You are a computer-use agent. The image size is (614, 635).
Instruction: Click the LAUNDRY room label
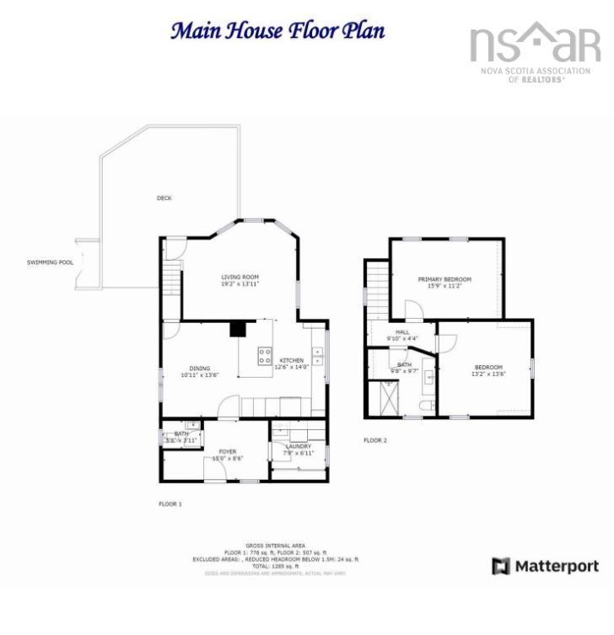pyautogui.click(x=299, y=446)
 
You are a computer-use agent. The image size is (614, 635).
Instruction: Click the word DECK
pyautogui.click(x=164, y=198)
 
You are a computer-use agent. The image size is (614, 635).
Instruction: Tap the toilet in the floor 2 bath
pyautogui.click(x=429, y=407)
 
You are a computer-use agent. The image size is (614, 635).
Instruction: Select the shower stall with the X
pyautogui.click(x=388, y=397)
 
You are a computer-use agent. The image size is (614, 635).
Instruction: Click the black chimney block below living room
pyautogui.click(x=239, y=328)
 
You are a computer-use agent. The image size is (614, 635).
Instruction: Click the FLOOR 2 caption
pyautogui.click(x=375, y=440)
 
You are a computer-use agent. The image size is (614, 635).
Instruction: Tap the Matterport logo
pyautogui.click(x=546, y=566)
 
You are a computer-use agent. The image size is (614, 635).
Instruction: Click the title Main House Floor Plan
pyautogui.click(x=278, y=31)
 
